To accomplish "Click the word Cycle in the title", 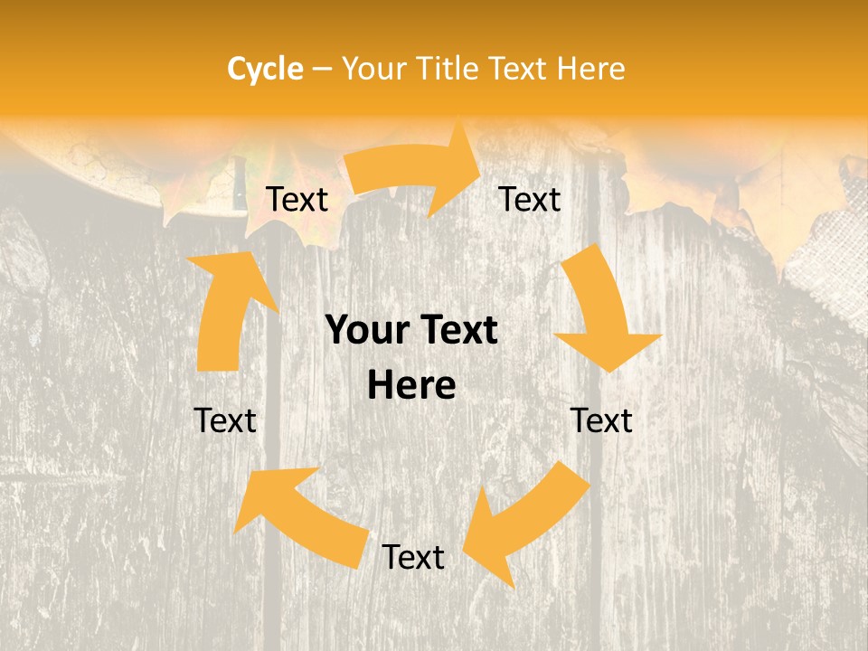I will (265, 69).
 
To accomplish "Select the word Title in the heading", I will (448, 69).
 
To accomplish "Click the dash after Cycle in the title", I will (322, 70).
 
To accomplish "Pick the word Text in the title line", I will (519, 69).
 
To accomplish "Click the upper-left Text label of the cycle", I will (297, 199).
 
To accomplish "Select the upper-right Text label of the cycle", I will (530, 199).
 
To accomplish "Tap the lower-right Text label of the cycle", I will (602, 420).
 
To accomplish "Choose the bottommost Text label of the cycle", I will (413, 557).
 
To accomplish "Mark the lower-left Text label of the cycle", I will (226, 420).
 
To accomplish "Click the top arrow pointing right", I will (416, 170).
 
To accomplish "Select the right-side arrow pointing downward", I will (601, 312).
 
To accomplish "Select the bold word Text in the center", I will (458, 331).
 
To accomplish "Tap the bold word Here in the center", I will (411, 386).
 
